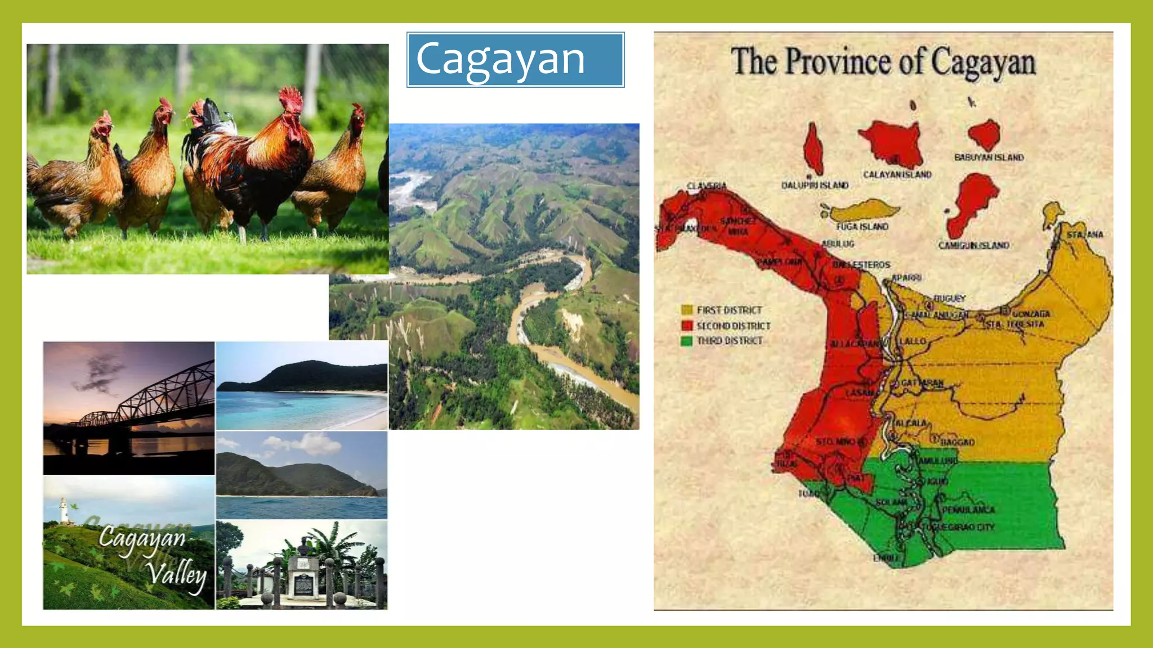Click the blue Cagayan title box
(515, 60)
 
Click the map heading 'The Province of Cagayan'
(883, 62)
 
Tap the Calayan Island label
(897, 175)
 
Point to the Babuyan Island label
(989, 157)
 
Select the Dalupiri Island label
(815, 185)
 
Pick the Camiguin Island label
(973, 245)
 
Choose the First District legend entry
(729, 310)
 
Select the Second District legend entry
(733, 326)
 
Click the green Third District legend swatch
(686, 341)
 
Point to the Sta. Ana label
(1085, 234)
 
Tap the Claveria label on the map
(707, 186)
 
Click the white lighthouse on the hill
(64, 510)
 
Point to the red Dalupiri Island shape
(812, 149)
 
